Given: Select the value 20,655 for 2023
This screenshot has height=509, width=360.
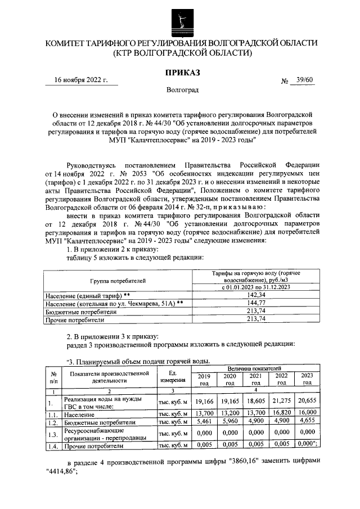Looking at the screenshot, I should coord(307,402).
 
